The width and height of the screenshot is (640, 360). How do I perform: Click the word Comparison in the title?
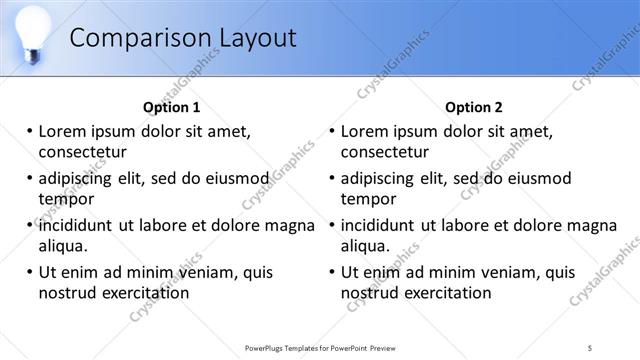click(136, 38)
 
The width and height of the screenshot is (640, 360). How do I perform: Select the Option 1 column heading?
click(172, 107)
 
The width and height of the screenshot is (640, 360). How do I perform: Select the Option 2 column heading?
click(474, 107)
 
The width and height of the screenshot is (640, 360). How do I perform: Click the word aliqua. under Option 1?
click(64, 245)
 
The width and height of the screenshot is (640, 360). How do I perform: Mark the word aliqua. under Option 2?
click(367, 245)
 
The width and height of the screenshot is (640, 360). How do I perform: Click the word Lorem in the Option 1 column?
click(62, 131)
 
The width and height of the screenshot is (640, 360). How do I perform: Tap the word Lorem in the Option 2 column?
click(364, 131)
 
